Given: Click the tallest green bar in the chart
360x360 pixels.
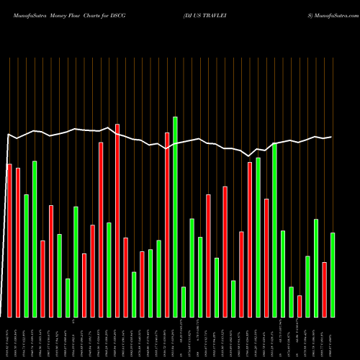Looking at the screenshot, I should pos(175,216).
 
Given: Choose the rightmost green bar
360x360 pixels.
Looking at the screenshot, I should pos(333,274).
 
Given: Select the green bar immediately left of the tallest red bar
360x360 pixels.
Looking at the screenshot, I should pos(109,270).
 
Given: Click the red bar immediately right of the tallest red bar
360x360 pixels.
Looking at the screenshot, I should pos(125,277).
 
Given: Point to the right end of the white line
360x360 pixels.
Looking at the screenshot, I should pos(332,137).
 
